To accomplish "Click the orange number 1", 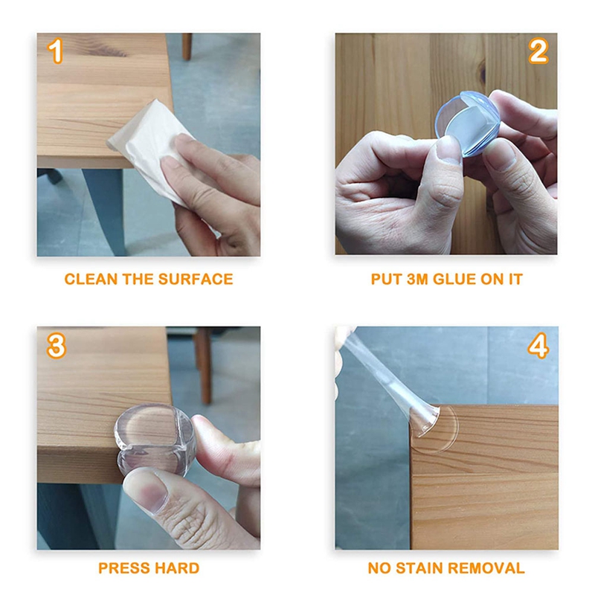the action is [55, 51].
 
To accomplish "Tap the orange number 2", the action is [538, 51].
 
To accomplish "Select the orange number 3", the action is [57, 346].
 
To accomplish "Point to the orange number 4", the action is [538, 345].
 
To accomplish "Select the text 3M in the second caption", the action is [417, 280].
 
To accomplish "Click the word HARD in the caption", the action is [177, 568].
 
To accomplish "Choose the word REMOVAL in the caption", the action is [486, 568].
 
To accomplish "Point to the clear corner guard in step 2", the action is [468, 123].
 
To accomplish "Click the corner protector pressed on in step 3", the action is [155, 440].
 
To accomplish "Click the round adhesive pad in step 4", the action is [437, 429].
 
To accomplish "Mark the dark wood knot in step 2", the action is [483, 71].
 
